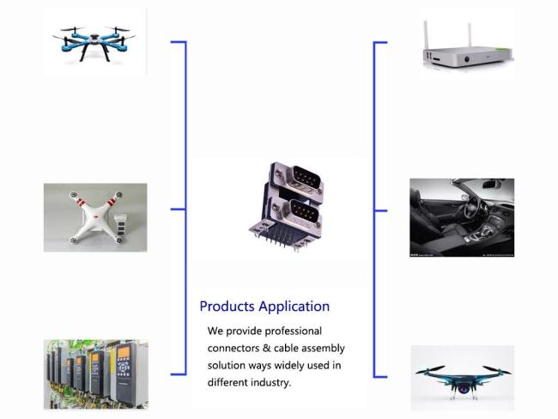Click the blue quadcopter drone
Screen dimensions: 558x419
coord(94,42)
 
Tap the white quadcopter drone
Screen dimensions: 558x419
coord(96,217)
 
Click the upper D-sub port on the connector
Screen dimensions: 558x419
coord(306,179)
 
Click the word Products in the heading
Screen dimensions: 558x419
coord(227,307)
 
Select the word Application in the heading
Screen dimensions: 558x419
coord(294,307)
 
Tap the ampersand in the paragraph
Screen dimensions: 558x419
coord(266,348)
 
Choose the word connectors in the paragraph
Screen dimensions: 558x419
coord(234,348)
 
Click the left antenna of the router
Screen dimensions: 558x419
coord(426,35)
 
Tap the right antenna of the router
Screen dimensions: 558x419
coord(470,35)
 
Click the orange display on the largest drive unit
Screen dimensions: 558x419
coord(124,352)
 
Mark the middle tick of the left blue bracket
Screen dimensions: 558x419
coord(178,209)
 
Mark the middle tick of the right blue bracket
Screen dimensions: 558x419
coord(380,210)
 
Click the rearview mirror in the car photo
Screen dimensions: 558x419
coord(492,185)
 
